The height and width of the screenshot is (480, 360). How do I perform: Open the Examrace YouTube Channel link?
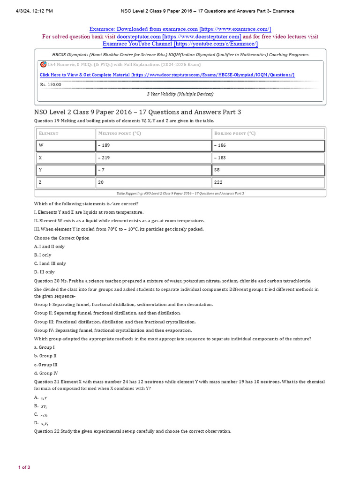[x=180, y=44]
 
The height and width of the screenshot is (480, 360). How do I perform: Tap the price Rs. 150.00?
[x=51, y=84]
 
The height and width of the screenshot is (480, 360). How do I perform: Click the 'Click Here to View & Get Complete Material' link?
[x=167, y=75]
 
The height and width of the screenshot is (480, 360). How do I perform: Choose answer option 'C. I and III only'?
[x=50, y=263]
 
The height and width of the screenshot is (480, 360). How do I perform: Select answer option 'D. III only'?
[x=45, y=272]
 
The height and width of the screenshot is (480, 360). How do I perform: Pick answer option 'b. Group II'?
[x=45, y=356]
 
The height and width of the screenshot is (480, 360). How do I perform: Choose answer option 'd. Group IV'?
[x=46, y=373]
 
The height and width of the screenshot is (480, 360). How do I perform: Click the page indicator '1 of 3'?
[x=24, y=467]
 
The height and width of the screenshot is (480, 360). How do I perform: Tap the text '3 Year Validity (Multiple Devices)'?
[x=180, y=94]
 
